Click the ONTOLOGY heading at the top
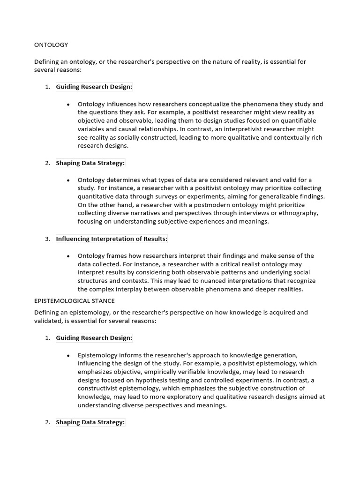click(x=51, y=45)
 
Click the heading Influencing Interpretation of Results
click(x=112, y=239)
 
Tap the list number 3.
click(x=47, y=239)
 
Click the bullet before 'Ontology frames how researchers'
click(x=68, y=256)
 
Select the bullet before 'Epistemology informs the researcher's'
click(x=68, y=355)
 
